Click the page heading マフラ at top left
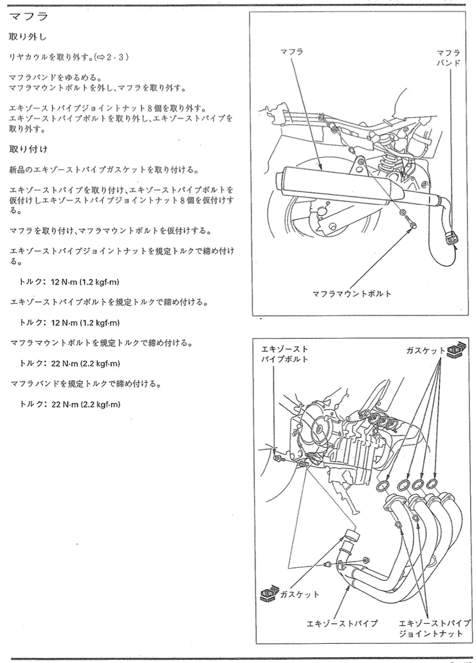(29, 16)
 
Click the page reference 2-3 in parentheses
(116, 57)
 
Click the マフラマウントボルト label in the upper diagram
(351, 294)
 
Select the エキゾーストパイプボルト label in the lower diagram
(284, 354)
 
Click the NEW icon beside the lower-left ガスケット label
(268, 593)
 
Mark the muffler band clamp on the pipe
(452, 236)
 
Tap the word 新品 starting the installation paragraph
(17, 170)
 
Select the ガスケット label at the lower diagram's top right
(425, 351)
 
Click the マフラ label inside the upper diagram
(292, 51)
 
